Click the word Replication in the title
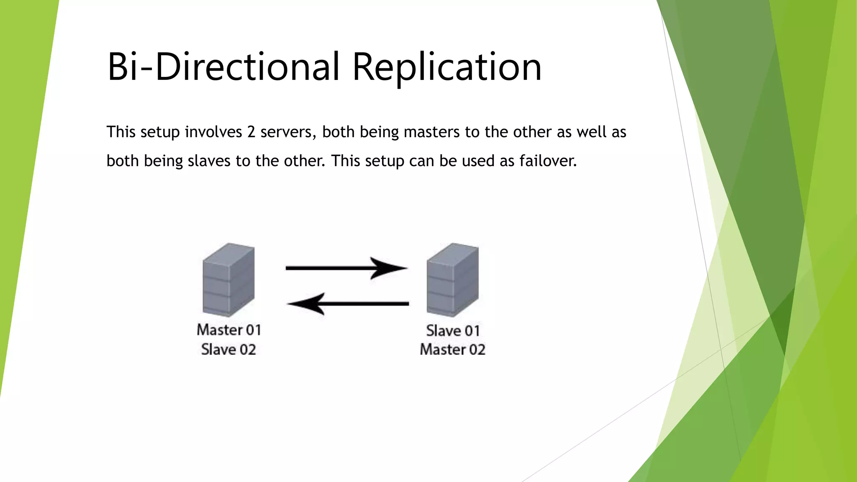point(447,67)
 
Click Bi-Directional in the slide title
point(223,67)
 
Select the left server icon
point(228,279)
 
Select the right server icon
point(452,279)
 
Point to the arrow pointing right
point(346,268)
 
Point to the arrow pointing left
point(347,303)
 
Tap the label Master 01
point(229,330)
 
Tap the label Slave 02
point(228,349)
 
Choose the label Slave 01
point(453,331)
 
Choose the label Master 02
point(452,349)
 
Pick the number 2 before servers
point(251,132)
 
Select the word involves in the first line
point(213,132)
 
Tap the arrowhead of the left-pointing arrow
point(308,303)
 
